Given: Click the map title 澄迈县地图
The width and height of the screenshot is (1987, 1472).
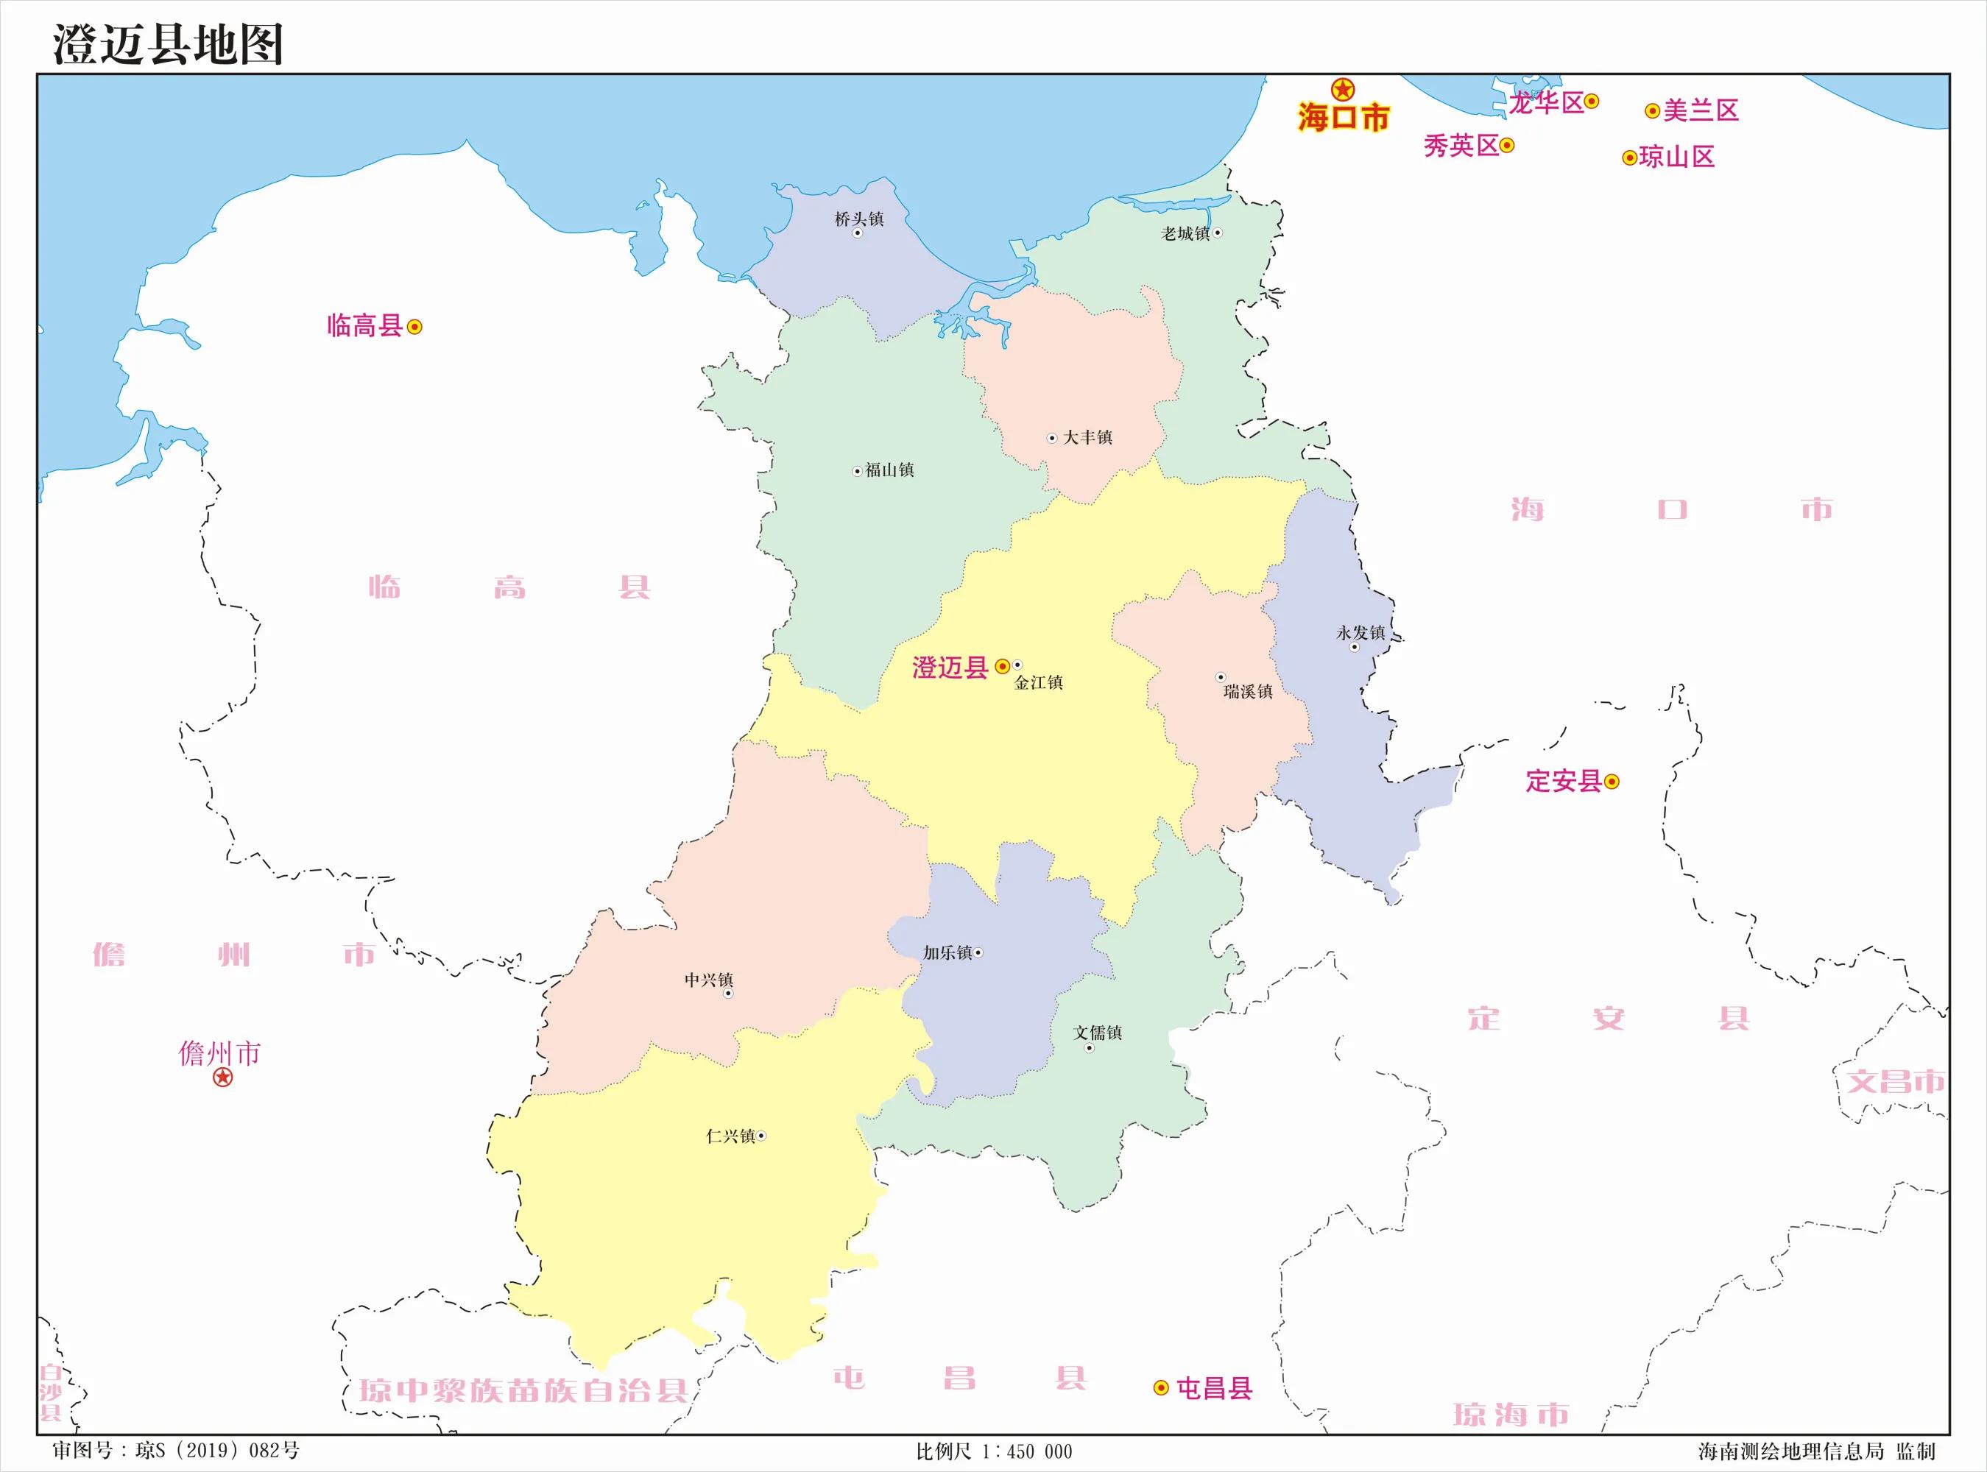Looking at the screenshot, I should coord(168,45).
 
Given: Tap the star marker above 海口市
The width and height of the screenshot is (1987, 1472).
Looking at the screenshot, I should coord(1343,89).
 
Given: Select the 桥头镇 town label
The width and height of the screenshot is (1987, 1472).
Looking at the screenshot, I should coord(859,219).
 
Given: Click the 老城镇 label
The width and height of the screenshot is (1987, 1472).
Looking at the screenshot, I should coord(1185,233).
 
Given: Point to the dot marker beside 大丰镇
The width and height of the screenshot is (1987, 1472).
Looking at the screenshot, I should coord(1051,437).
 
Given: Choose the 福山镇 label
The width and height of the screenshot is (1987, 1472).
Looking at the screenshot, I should coord(889,470).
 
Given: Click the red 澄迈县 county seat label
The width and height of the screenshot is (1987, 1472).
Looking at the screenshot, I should coord(950,668).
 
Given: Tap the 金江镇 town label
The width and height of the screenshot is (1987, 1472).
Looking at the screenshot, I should coord(1038,682).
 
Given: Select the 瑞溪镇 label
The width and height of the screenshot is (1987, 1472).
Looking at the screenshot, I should coord(1247,691).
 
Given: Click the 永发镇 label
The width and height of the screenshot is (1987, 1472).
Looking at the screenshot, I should coord(1360,633).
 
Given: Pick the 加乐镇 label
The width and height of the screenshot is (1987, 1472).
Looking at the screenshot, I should coord(947,952).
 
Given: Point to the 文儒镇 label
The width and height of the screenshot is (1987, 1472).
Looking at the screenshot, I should coord(1097,1033).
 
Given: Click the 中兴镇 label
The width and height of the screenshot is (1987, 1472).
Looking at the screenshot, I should coord(708,980).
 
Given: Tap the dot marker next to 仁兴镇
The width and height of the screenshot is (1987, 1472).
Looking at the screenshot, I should coord(761,1136).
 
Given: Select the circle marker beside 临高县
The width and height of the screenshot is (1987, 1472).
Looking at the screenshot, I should coord(414,327).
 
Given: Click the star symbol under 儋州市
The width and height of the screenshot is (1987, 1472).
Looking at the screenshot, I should coord(223,1078).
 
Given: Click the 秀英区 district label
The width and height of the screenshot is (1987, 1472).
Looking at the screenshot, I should coord(1461,145).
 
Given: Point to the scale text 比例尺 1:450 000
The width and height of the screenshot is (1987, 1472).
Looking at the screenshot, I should coord(994,1451).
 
